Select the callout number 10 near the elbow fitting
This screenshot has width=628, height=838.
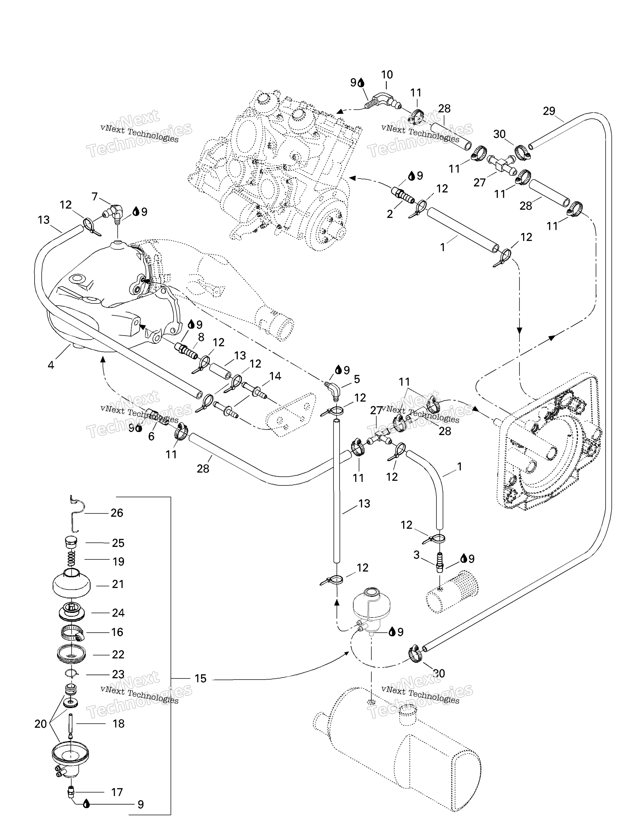[387, 75]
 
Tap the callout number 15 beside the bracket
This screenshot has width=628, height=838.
[200, 678]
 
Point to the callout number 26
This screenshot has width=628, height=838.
[117, 513]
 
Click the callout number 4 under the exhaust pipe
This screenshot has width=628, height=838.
[51, 365]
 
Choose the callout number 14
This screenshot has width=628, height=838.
[275, 376]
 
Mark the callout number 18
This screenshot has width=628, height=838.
[118, 724]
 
